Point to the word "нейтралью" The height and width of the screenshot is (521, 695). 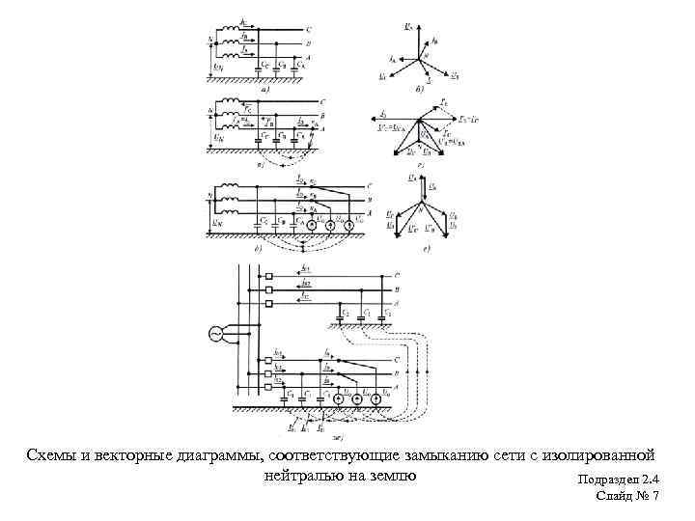tap(299, 475)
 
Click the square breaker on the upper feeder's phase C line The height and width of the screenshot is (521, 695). tap(270, 276)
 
